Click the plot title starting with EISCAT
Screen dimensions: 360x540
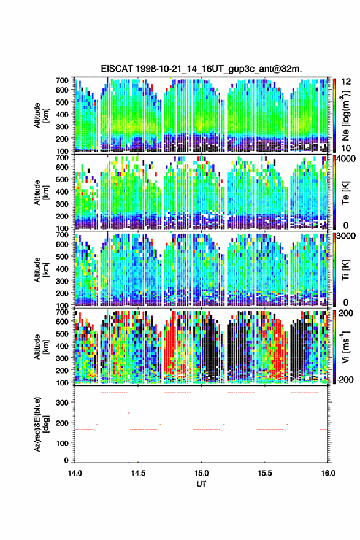(201, 69)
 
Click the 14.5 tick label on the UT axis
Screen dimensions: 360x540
(138, 473)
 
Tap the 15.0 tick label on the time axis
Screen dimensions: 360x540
(201, 473)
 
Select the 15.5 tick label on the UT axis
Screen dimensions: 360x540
(265, 473)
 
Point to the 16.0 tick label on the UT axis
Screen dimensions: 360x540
(328, 473)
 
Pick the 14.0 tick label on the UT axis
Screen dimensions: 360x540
(75, 473)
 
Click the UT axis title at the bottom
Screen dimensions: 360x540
(201, 484)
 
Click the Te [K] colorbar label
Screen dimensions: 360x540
(345, 193)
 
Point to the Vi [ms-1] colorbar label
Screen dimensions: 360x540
(345, 347)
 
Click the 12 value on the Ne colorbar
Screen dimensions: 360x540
(347, 82)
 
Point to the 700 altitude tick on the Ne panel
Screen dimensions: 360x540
(62, 80)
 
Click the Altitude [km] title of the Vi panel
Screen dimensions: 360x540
(41, 347)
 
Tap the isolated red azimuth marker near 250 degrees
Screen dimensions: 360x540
(129, 412)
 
